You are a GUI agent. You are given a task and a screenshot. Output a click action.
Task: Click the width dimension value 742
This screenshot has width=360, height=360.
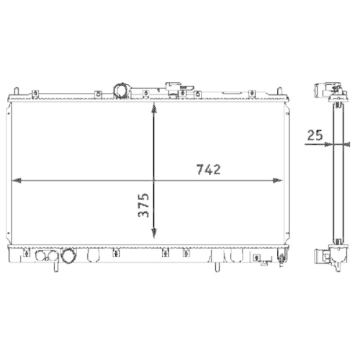[x=207, y=170]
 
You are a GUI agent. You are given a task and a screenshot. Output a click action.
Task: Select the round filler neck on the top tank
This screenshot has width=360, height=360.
[x=122, y=91]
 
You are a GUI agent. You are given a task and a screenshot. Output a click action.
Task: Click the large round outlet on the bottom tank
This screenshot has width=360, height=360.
[x=69, y=256]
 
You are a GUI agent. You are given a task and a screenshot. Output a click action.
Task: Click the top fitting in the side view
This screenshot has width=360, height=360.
[x=328, y=91]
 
